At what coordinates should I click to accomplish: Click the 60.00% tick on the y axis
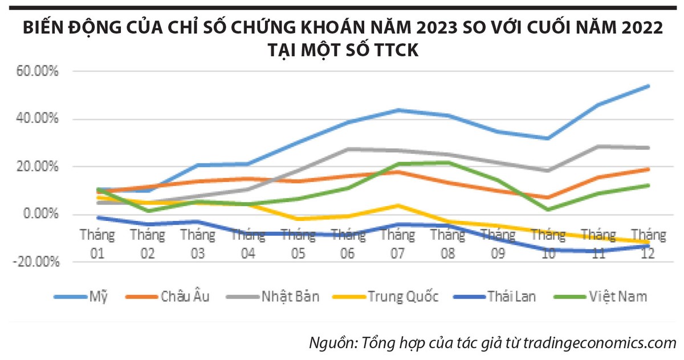coord(38,72)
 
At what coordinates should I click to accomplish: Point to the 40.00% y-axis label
coord(38,119)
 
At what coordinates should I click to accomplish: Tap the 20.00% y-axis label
coord(38,167)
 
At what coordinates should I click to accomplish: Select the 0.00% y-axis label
coord(41,214)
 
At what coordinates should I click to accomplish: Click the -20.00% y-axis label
coord(35,262)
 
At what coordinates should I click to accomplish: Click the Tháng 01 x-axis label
coord(97,244)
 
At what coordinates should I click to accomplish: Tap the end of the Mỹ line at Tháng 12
coord(649,86)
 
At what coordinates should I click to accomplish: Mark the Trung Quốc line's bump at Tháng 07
coord(398,205)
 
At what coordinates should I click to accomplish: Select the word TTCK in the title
coord(393,50)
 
